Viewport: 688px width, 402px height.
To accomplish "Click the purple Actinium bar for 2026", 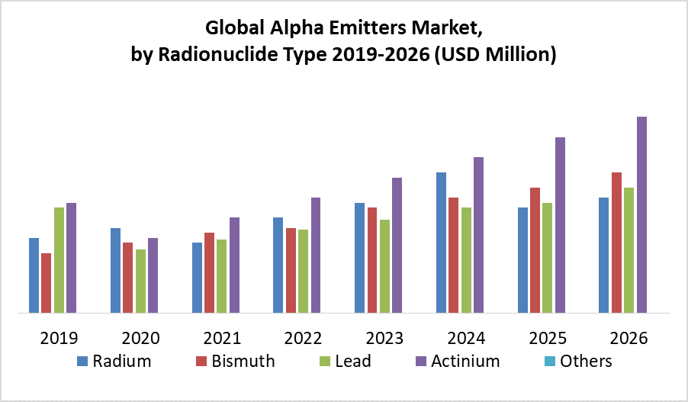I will click(x=641, y=214).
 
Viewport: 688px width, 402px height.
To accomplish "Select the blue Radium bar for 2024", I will click(x=441, y=243).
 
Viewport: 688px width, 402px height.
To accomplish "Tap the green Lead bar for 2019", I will click(x=59, y=260).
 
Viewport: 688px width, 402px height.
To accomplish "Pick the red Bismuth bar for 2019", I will click(x=47, y=283).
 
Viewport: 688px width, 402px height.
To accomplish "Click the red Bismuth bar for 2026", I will click(x=616, y=243).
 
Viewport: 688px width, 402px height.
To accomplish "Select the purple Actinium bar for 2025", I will click(x=560, y=225).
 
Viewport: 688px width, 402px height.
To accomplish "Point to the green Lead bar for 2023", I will click(x=384, y=266).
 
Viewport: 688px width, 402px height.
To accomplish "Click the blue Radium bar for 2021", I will click(x=197, y=278).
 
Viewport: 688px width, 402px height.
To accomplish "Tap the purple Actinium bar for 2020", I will click(x=153, y=275).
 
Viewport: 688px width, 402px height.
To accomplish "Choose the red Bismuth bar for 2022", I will click(x=291, y=270).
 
